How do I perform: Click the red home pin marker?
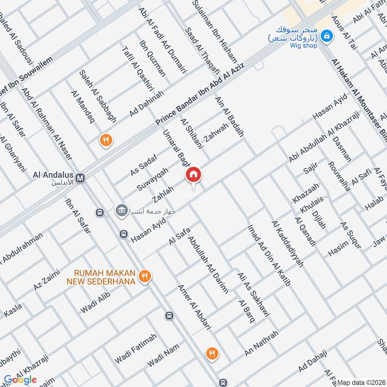(x=193, y=175)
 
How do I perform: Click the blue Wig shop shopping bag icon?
(x=327, y=35)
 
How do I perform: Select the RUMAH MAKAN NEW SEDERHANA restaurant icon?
(x=143, y=277)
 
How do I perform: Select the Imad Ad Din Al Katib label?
(x=268, y=255)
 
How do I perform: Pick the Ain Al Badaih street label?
(x=229, y=116)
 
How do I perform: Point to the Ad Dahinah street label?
(x=147, y=104)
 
